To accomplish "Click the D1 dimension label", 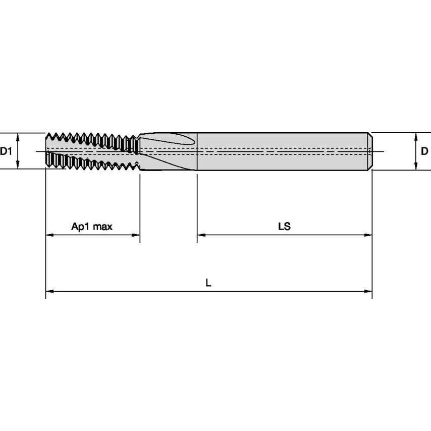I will click(6, 151).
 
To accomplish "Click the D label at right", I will click(424, 151).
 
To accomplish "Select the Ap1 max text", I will click(92, 227).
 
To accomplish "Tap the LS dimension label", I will click(284, 227).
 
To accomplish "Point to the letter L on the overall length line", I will click(208, 283).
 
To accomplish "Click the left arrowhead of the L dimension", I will click(49, 291).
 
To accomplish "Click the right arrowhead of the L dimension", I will click(369, 291).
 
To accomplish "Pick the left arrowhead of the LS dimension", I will click(200, 235).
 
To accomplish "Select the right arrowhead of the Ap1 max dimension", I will click(136, 235).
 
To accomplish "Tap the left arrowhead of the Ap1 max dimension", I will click(49, 235).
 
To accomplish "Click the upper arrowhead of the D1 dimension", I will click(18, 136).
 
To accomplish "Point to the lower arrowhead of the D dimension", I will click(415, 167).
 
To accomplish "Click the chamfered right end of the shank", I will click(370, 151).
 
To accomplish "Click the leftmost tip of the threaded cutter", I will click(46, 151).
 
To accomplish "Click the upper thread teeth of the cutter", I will click(91, 138).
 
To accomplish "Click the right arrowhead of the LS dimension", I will click(369, 235).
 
